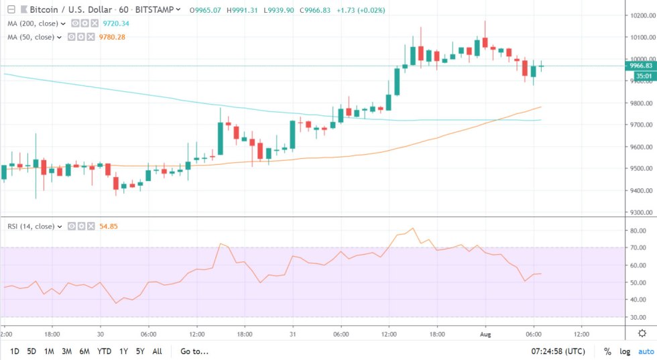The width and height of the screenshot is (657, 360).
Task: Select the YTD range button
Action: pyautogui.click(x=104, y=351)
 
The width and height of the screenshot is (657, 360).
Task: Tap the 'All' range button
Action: pyautogui.click(x=157, y=351)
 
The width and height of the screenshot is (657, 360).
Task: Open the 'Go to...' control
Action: pyautogui.click(x=194, y=351)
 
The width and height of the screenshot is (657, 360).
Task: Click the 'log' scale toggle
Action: pyautogui.click(x=625, y=351)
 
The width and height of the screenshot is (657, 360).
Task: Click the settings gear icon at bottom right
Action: pyautogui.click(x=642, y=333)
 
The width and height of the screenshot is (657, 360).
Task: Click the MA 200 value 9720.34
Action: pyautogui.click(x=115, y=23)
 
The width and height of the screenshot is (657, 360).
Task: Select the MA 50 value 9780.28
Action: pyautogui.click(x=111, y=36)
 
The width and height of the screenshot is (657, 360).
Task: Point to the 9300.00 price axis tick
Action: pyautogui.click(x=641, y=213)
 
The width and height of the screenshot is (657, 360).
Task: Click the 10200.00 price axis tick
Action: pyautogui.click(x=641, y=15)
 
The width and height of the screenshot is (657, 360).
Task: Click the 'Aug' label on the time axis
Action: pyautogui.click(x=485, y=333)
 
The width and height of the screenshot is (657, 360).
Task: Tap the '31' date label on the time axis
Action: pyautogui.click(x=293, y=333)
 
